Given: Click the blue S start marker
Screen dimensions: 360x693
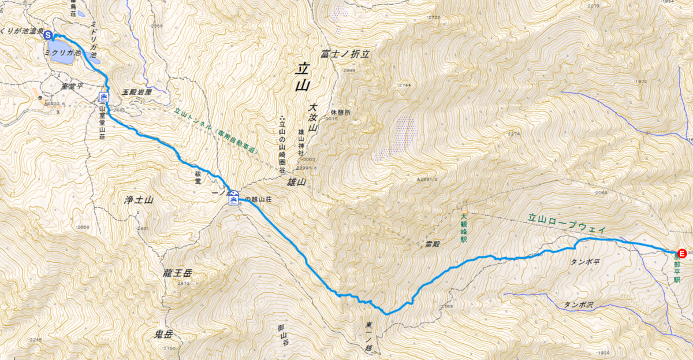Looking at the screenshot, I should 48,35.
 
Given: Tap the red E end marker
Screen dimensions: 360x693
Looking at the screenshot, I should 681,253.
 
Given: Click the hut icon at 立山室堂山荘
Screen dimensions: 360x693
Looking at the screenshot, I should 105,97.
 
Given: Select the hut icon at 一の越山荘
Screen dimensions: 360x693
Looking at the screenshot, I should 233,199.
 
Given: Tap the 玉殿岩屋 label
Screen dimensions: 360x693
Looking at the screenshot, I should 137,92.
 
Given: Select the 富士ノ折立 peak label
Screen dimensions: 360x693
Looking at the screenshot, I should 345,54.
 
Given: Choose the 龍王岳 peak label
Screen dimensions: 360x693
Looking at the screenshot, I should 177,273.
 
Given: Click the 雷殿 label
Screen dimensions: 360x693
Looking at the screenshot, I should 433,244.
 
